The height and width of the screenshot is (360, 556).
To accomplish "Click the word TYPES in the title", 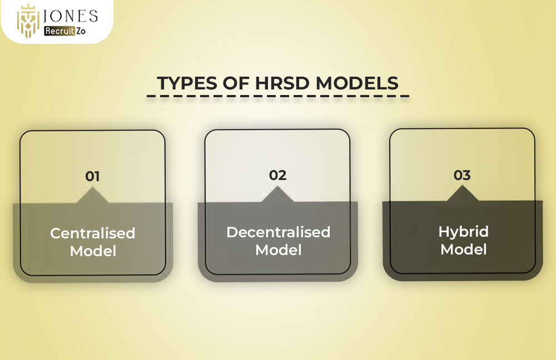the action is point(187,83).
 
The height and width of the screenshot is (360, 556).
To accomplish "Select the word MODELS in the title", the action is point(357,83).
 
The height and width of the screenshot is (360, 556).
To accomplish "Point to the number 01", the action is point(92,177).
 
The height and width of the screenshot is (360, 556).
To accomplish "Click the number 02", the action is point(277,175).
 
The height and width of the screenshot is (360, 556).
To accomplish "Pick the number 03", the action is point(462,175).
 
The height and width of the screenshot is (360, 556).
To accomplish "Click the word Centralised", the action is point(93,233).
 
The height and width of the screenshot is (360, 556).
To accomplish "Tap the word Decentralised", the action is point(279,232).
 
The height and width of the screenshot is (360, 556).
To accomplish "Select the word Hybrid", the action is point(464,232).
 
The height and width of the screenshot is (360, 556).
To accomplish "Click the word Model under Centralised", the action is point(93,251).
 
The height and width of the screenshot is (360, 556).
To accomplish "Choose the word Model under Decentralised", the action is point(279,250).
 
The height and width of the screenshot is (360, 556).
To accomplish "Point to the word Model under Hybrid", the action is point(464,249).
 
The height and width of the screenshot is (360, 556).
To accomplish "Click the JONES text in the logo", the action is point(70,16).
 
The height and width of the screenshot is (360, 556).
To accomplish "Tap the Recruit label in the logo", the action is point(59,31).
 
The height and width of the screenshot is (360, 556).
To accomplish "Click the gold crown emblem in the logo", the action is point(28,21).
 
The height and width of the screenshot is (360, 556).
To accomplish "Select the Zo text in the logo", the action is point(81,31).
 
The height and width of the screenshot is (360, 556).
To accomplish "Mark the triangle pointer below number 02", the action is point(277,195).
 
